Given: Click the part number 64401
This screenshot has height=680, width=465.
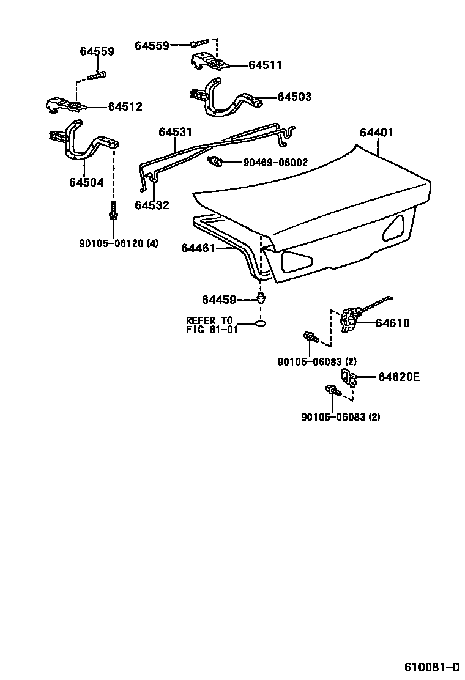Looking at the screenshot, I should tap(376, 133).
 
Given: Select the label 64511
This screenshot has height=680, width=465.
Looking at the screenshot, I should tap(265, 65).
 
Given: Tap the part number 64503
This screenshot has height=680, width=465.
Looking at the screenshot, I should tap(294, 97).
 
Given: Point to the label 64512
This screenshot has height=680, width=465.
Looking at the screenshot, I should tap(125, 107).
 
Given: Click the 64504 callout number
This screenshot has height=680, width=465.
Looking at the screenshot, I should tap(86, 182).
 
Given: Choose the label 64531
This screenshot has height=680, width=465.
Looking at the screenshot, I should tap(175, 132).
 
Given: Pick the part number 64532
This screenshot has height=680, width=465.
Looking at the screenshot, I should tap(152, 205).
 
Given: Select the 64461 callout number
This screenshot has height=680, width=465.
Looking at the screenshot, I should tap(199, 248).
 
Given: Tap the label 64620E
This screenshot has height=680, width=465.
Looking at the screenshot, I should tap(398, 377).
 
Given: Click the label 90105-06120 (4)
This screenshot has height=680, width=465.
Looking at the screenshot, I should tap(119, 243).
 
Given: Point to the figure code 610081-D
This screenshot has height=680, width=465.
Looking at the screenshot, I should tap(431, 666).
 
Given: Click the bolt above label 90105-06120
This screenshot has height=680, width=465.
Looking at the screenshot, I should tap(113, 212).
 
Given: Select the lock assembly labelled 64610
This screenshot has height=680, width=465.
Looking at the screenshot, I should tap(351, 319).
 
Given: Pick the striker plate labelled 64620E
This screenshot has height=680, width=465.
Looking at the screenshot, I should tap(349, 378).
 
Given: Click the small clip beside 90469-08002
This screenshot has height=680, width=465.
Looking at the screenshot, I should tap(215, 162).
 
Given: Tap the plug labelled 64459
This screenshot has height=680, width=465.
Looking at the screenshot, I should tap(261, 299).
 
